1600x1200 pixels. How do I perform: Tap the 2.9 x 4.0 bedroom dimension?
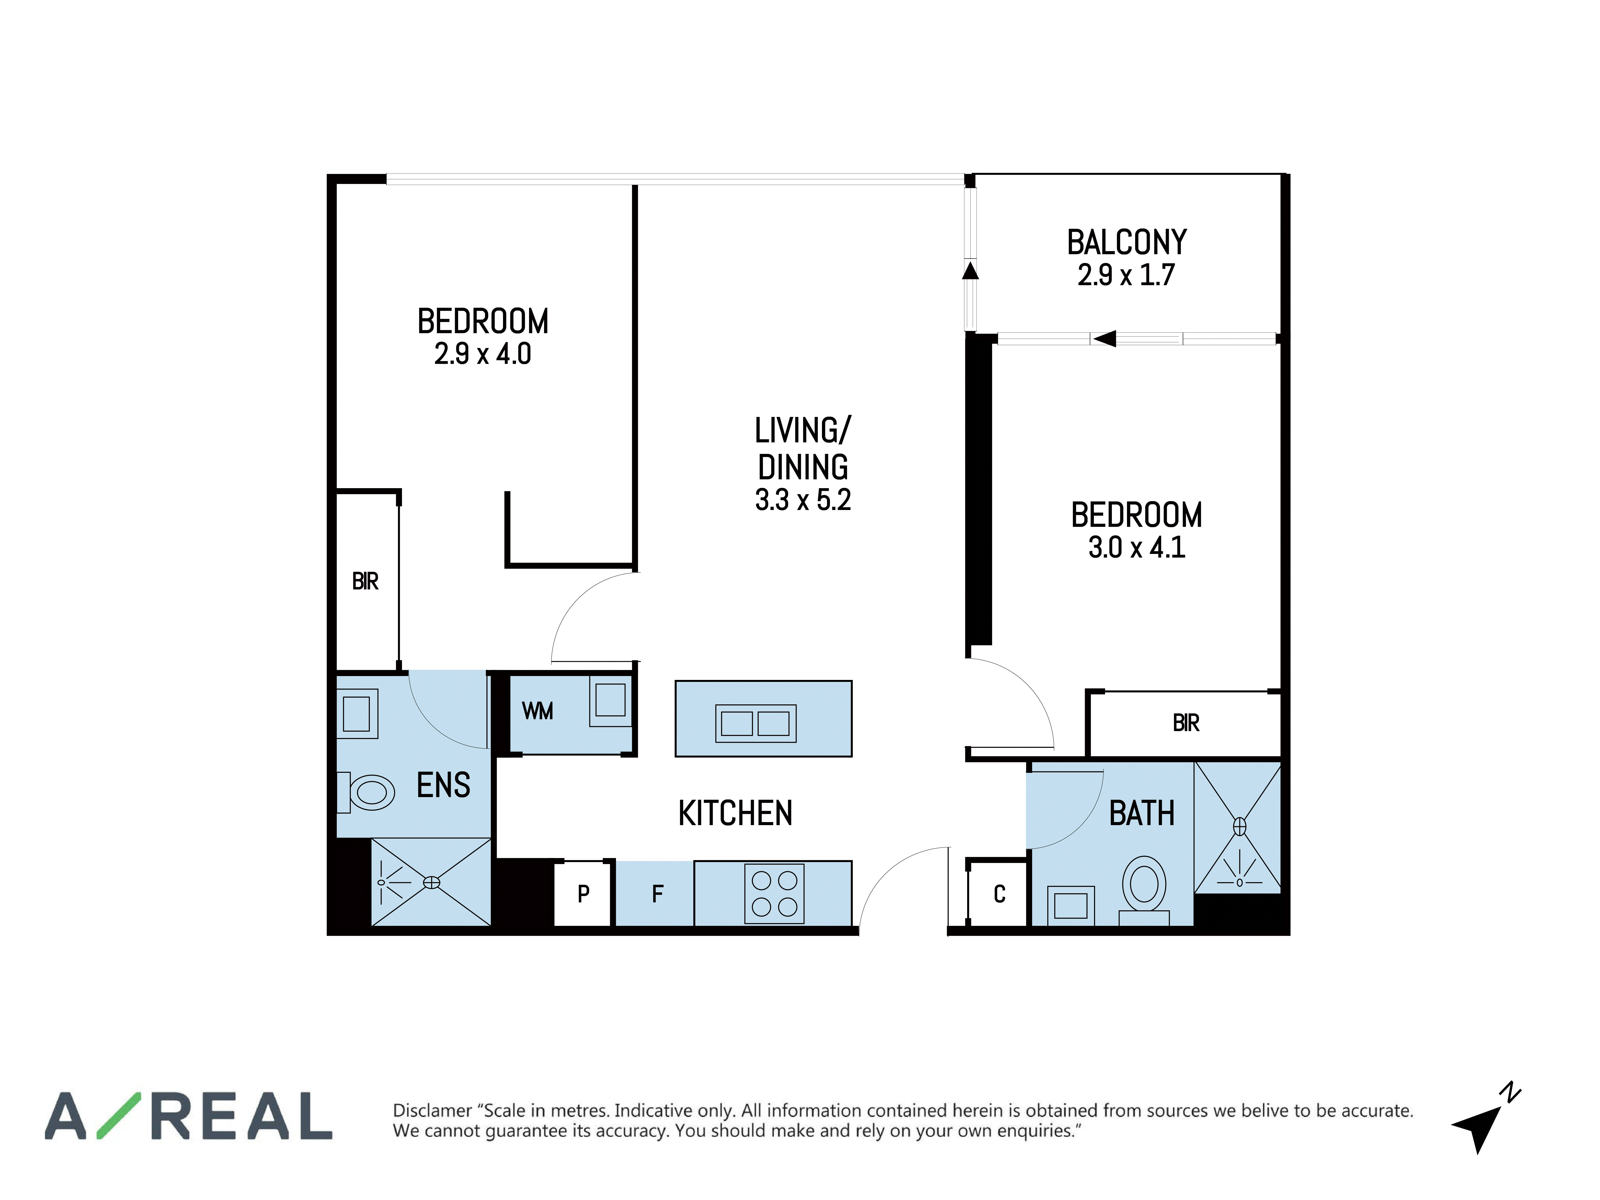[482, 354]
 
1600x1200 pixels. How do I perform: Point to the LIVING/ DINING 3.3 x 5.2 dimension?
[803, 500]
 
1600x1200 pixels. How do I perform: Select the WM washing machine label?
[537, 711]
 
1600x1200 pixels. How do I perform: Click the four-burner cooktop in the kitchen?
[774, 893]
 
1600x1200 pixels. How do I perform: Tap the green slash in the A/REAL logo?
[119, 1116]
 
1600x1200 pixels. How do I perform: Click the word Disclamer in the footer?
[432, 1110]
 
